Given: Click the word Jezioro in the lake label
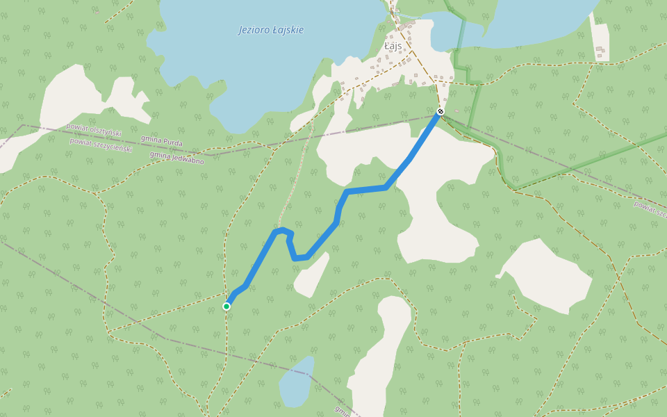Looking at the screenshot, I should coord(254,30).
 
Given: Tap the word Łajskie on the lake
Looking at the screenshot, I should coord(288,30).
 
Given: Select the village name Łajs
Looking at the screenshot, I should coord(393,45).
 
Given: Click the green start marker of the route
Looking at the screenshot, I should coord(227,306).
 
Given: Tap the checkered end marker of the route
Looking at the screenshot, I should coord(440,111).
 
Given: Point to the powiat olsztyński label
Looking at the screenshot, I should coord(94,129).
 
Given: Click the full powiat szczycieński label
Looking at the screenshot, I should coord(101,145).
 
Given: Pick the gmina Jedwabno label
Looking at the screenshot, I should coord(176,157).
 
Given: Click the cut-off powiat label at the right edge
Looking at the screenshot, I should coord(650,208).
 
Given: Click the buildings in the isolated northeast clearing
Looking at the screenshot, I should coord(600,51).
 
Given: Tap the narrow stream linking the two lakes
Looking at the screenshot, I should coord(417,16).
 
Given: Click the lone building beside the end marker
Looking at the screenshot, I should coord(456,110).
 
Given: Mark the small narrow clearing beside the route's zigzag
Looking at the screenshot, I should coord(311,275).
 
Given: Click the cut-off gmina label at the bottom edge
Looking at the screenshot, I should coord(342,411).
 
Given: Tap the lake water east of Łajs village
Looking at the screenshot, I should coord(528,21).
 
